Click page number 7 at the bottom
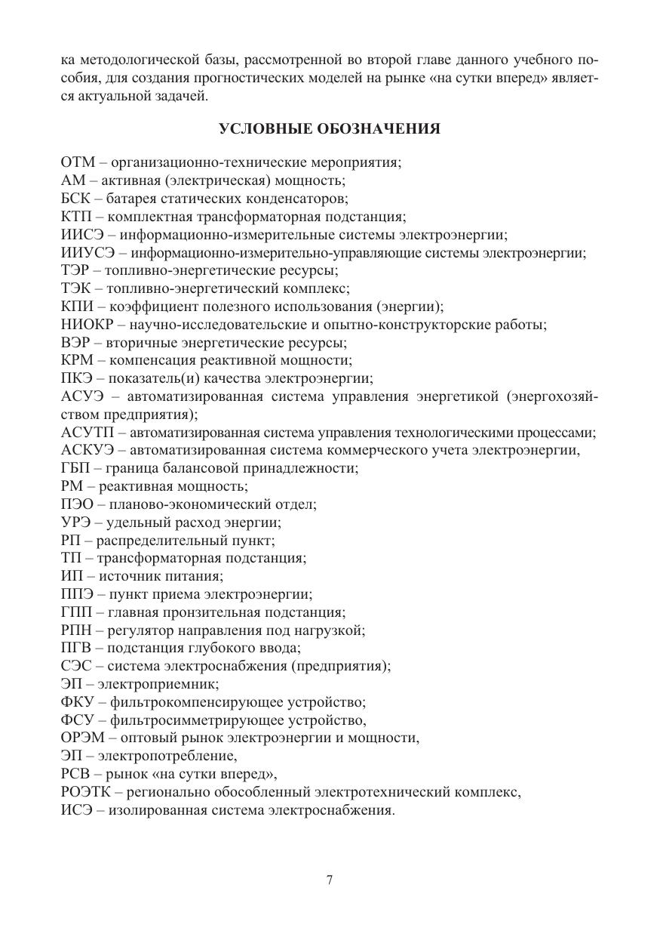330,880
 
